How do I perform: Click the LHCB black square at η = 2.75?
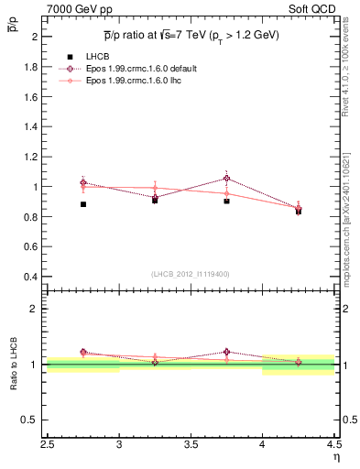83,204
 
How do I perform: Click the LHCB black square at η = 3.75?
226,200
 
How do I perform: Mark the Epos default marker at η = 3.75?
226,178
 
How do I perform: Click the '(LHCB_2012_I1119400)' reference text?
191,274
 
